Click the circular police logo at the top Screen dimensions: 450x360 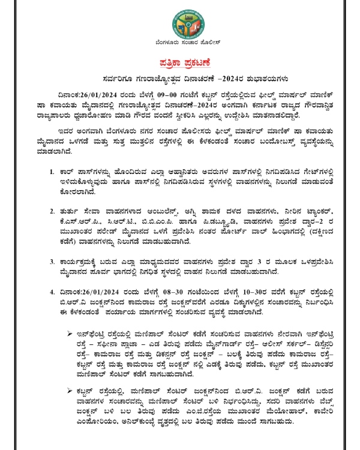(180, 22)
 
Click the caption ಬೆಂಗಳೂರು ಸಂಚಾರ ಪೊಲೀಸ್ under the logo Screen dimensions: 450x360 (180, 46)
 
